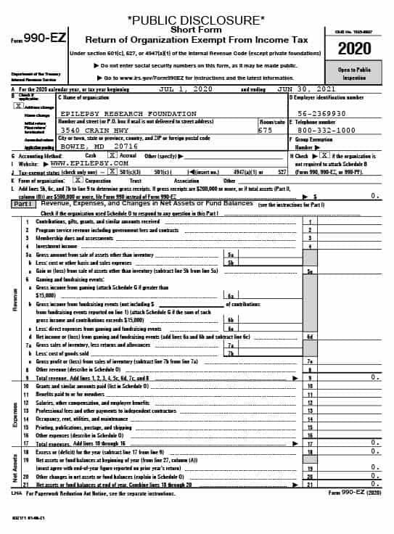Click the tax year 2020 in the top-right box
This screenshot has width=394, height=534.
(356, 49)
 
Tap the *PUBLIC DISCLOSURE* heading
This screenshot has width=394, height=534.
(196, 20)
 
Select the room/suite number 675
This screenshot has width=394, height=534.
(266, 130)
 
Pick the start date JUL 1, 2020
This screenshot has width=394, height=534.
(186, 89)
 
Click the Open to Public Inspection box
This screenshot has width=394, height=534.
(356, 74)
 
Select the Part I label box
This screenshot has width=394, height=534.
(22, 205)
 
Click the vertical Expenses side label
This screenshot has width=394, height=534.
(14, 413)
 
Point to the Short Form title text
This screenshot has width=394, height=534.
(196, 29)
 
